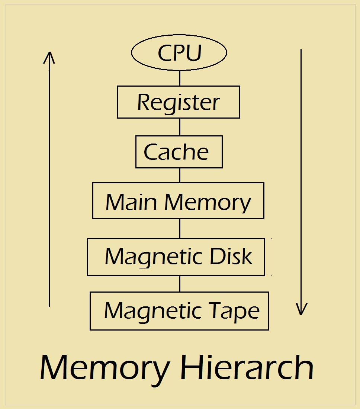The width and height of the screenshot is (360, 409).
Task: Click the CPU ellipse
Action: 179,53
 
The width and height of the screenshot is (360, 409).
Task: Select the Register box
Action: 179,102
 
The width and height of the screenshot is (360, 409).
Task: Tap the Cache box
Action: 179,152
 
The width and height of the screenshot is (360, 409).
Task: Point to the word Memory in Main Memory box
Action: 208,203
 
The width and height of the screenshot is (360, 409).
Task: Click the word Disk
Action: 231,257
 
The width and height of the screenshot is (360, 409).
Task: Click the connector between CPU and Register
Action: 180,78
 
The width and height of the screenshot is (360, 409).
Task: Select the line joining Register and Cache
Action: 180,127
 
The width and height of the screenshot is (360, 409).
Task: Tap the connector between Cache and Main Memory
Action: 180,175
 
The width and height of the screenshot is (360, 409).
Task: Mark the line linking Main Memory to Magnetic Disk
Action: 180,228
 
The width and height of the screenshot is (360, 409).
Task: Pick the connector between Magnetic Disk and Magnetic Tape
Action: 180,284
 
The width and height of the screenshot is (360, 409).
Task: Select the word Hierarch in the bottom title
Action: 247,367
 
